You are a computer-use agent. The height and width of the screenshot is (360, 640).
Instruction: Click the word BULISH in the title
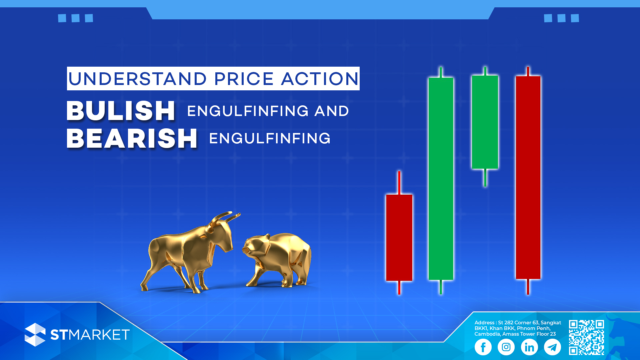121,111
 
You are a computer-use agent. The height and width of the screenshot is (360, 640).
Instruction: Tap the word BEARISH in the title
132,138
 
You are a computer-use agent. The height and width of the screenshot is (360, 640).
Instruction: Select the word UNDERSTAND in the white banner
137,79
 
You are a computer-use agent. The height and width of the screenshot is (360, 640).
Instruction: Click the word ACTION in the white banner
320,79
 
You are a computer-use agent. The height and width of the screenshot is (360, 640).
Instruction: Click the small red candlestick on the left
399,237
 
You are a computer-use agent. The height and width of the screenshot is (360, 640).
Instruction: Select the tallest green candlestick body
441,179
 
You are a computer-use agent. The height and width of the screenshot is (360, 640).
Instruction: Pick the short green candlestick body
485,122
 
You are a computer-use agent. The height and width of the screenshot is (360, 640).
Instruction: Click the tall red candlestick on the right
528,177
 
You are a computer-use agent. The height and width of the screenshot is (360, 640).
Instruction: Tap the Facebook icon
483,347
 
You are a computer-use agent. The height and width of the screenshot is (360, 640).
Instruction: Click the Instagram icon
506,347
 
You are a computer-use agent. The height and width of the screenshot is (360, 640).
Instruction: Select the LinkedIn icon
529,347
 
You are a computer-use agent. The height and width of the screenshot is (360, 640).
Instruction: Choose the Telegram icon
552,347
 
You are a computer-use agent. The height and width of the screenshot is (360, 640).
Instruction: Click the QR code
586,337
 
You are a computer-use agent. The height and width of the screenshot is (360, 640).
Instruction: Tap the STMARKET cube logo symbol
35,335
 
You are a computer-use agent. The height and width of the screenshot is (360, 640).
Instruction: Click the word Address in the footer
484,323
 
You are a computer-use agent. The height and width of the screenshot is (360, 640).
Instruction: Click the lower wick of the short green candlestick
485,178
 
